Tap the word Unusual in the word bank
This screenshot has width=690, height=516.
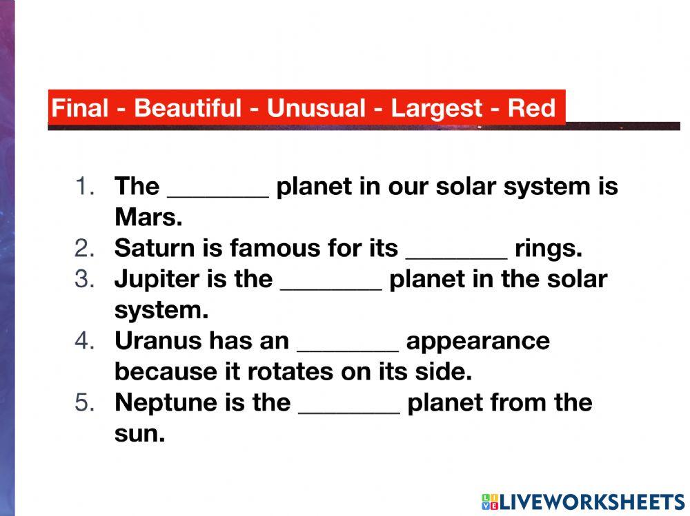(x=316, y=108)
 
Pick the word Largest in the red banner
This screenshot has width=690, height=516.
(x=437, y=108)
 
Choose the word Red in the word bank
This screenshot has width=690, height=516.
(x=531, y=108)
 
